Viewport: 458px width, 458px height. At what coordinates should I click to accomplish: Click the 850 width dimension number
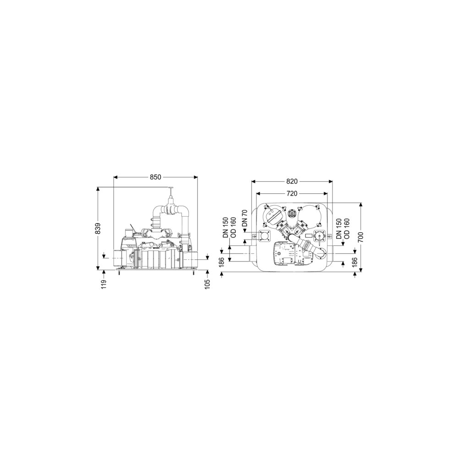click(x=155, y=177)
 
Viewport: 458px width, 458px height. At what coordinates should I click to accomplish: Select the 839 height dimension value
click(x=98, y=229)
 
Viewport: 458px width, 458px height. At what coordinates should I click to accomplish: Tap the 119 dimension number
click(x=104, y=284)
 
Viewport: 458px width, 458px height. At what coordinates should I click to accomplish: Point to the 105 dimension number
click(x=207, y=284)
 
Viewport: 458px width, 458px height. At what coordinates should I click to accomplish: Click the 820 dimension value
click(x=292, y=181)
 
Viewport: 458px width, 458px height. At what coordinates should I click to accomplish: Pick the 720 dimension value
click(x=292, y=193)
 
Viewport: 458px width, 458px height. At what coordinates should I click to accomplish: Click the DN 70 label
click(x=245, y=218)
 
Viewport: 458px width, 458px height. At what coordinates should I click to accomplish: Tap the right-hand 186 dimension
click(x=354, y=262)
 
